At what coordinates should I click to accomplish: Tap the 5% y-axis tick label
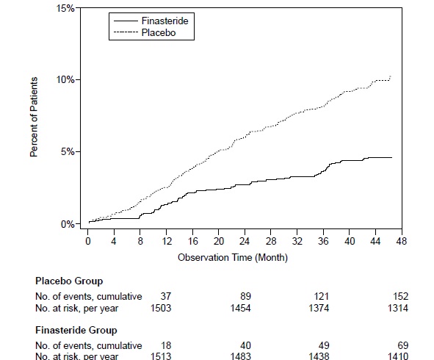coord(67,151)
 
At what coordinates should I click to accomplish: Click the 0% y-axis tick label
coord(67,223)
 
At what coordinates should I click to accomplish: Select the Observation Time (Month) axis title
coord(232,257)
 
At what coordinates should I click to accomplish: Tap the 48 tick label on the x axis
coord(402,242)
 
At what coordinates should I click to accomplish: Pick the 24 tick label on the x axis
coord(245,242)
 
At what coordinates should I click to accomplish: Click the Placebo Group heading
coord(69,281)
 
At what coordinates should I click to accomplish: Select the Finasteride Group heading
coord(76,330)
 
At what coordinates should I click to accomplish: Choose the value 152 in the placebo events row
coord(400,296)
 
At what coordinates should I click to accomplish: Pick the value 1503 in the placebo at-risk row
coord(160,307)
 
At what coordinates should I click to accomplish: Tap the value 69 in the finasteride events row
coord(402,345)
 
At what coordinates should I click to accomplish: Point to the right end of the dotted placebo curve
coord(391,76)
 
